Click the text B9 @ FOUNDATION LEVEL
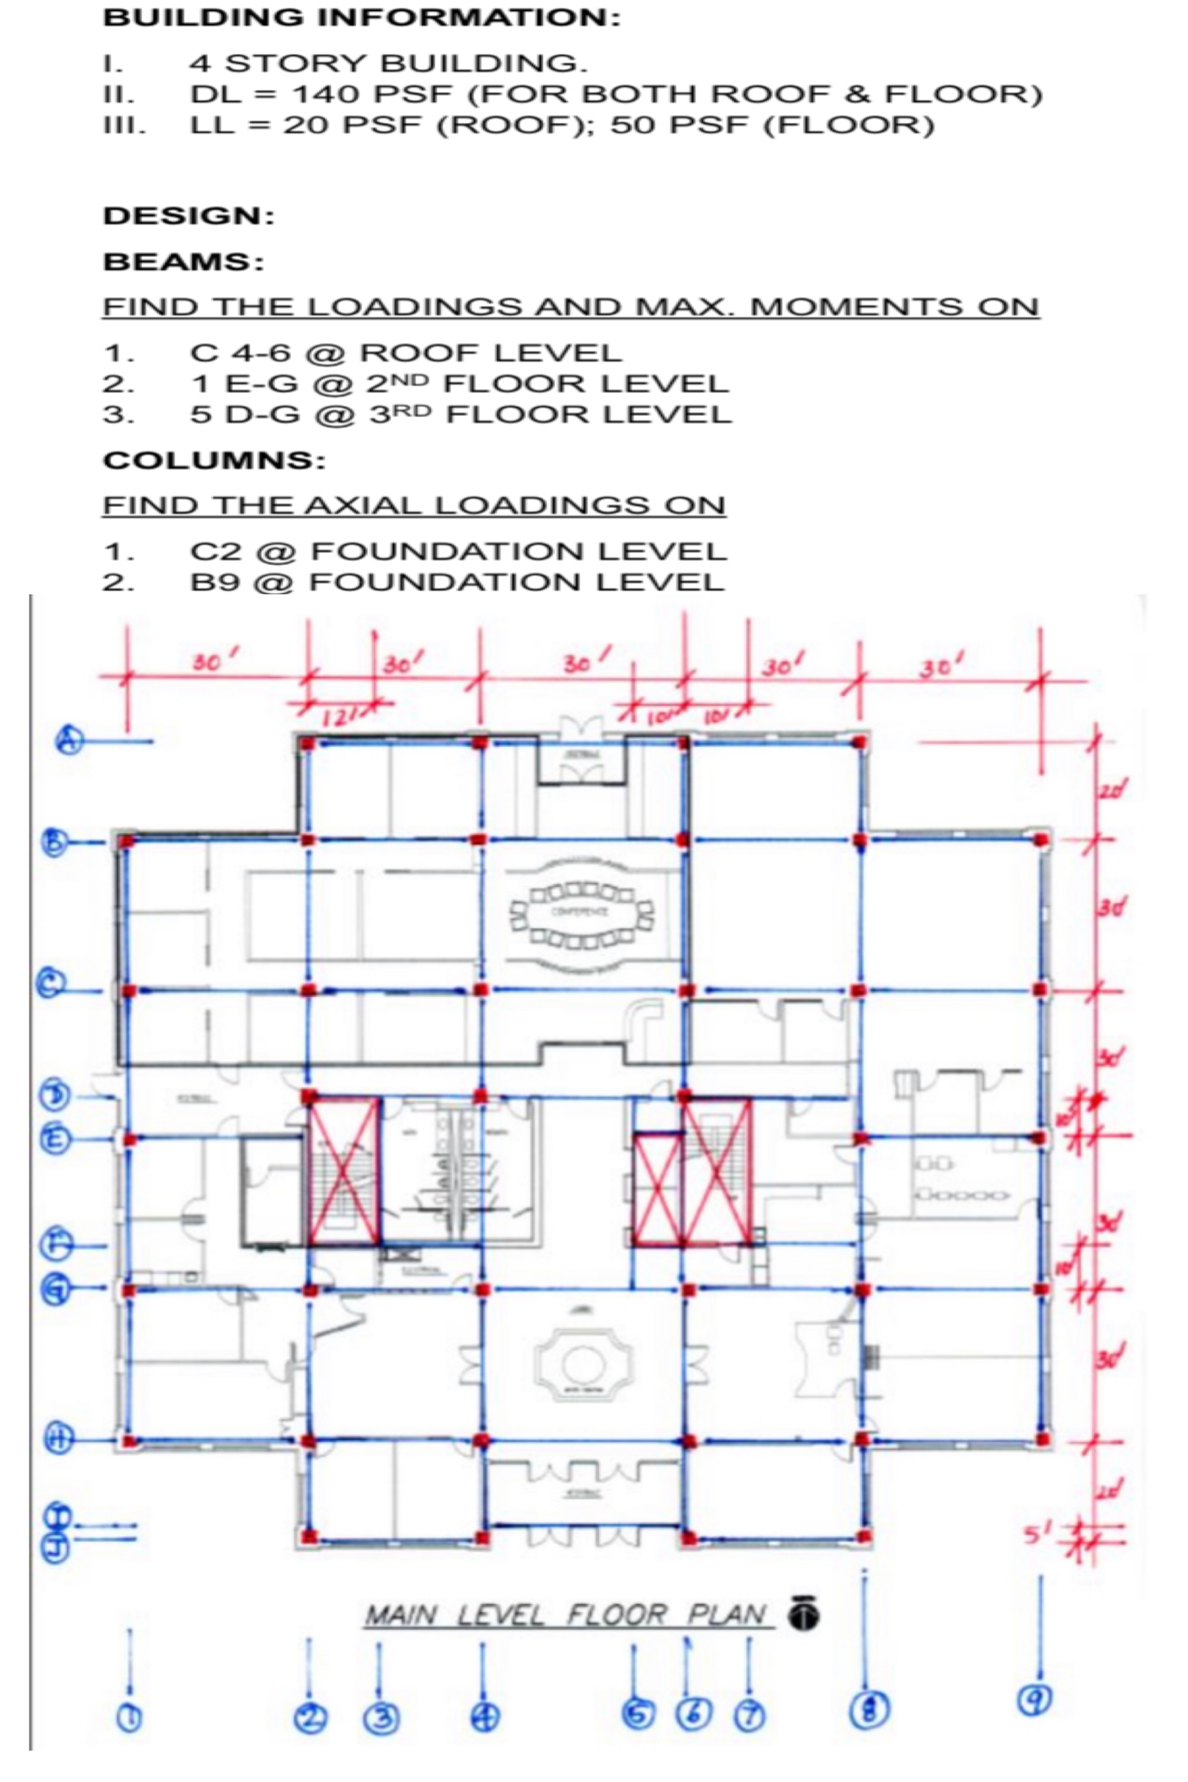[x=457, y=582]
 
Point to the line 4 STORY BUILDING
[x=388, y=63]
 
